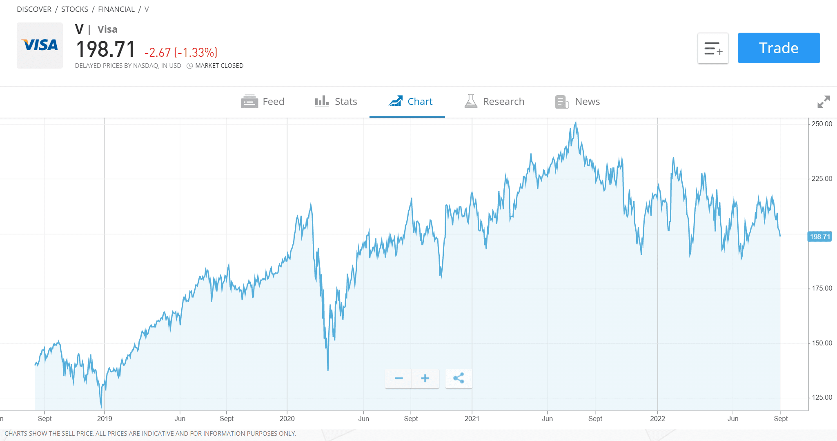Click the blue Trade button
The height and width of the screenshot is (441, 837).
[779, 48]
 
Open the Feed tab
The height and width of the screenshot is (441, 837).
[263, 102]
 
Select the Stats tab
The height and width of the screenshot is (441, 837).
[336, 102]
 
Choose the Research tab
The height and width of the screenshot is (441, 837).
[494, 102]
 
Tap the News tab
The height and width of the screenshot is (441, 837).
[577, 102]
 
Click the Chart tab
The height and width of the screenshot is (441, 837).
[410, 102]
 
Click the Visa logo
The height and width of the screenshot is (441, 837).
[40, 45]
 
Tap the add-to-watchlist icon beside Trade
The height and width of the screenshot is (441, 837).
[713, 48]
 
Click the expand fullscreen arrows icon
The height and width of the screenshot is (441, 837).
[824, 102]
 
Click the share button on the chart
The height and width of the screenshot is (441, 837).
[459, 379]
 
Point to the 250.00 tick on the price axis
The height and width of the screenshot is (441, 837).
[821, 124]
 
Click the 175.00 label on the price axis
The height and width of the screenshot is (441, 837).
[821, 289]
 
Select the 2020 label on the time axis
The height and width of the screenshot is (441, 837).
[287, 419]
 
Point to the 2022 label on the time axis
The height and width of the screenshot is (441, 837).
[657, 419]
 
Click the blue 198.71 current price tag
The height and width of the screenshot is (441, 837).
[820, 237]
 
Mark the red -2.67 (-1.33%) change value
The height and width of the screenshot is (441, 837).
[181, 53]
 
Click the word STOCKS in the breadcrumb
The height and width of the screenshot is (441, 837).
[75, 9]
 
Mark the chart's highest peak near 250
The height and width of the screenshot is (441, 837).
[576, 122]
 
